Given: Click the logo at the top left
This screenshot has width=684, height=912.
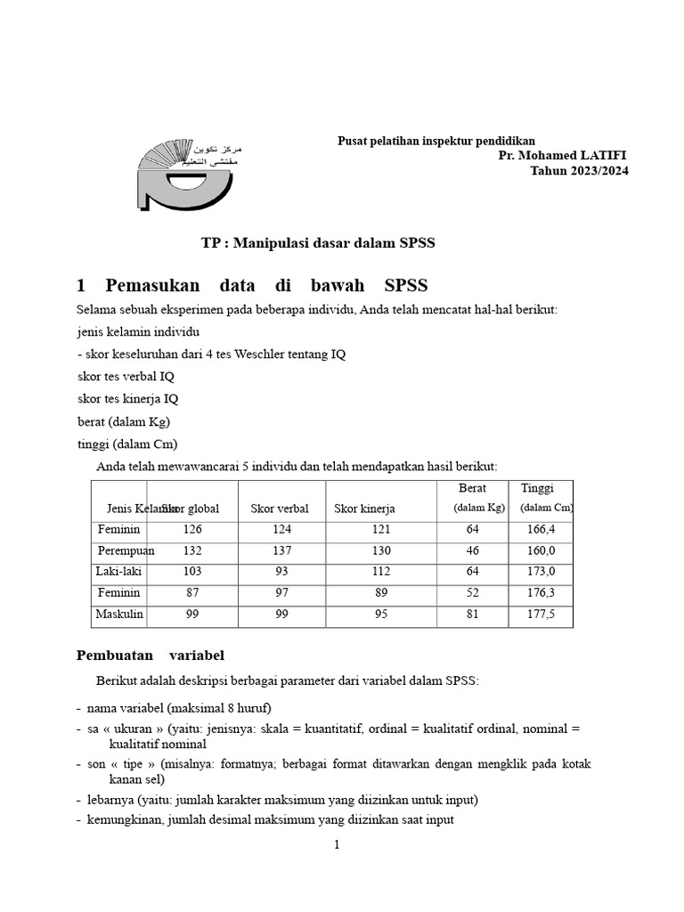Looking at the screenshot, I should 186,174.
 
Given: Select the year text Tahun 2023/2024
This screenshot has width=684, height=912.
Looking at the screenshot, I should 580,171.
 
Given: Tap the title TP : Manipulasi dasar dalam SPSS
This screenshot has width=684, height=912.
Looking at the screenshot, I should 318,243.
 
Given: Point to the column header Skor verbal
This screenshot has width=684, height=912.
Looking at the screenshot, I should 280,509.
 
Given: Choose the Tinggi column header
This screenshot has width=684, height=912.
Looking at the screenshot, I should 537,489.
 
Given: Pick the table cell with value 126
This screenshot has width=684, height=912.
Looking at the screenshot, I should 192,529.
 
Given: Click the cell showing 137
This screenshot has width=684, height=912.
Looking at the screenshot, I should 282,550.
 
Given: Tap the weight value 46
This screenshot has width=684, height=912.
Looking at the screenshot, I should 473,550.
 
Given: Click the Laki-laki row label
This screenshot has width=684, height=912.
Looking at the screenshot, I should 120,571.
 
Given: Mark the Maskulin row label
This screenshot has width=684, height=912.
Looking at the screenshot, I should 120,614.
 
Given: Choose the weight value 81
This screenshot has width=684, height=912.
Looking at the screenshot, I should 473,614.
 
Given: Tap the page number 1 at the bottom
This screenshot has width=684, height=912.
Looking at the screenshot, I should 337,845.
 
